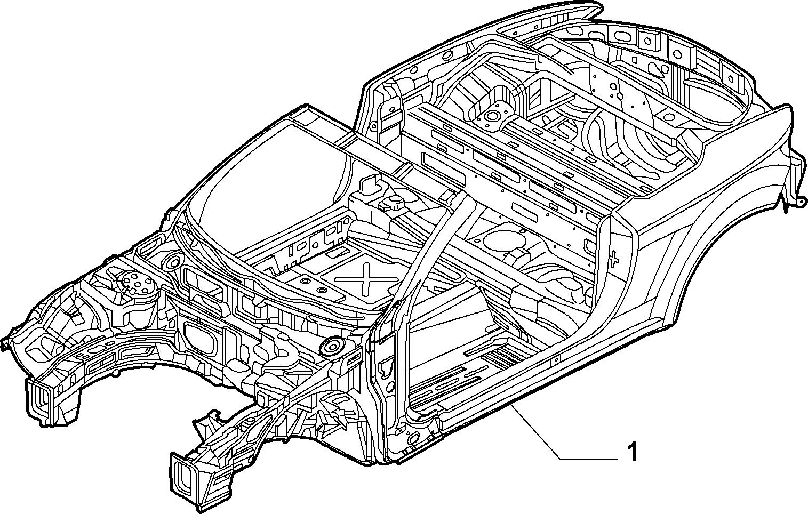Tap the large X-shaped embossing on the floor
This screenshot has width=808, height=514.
(366, 278)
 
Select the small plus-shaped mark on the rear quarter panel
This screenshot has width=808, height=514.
(614, 258)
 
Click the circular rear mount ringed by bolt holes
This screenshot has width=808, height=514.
(491, 116)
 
